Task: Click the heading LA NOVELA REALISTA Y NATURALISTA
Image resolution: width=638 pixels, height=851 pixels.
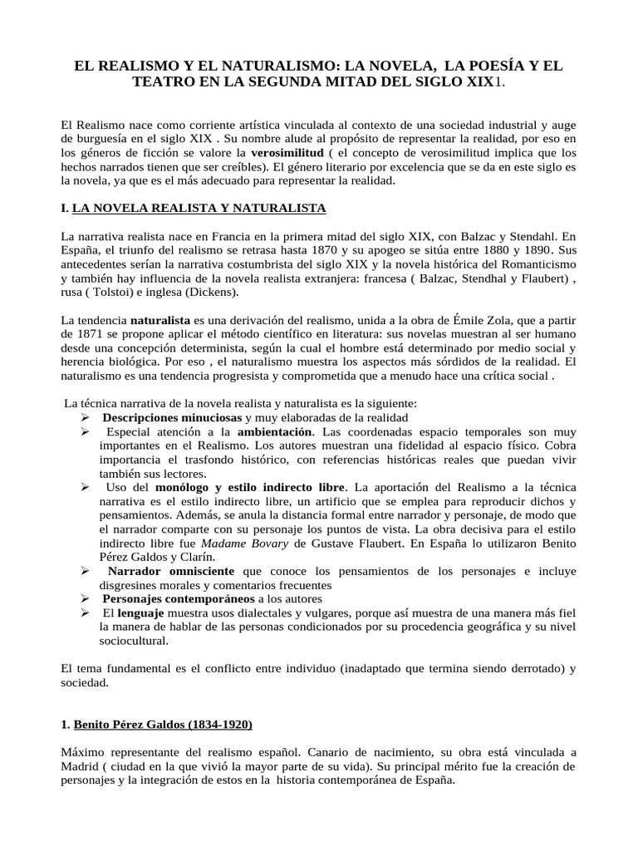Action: pos(199,207)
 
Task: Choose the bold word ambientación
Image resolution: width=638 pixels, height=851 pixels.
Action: pos(275,433)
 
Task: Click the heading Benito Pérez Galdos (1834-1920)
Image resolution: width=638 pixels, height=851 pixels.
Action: pos(164,724)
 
